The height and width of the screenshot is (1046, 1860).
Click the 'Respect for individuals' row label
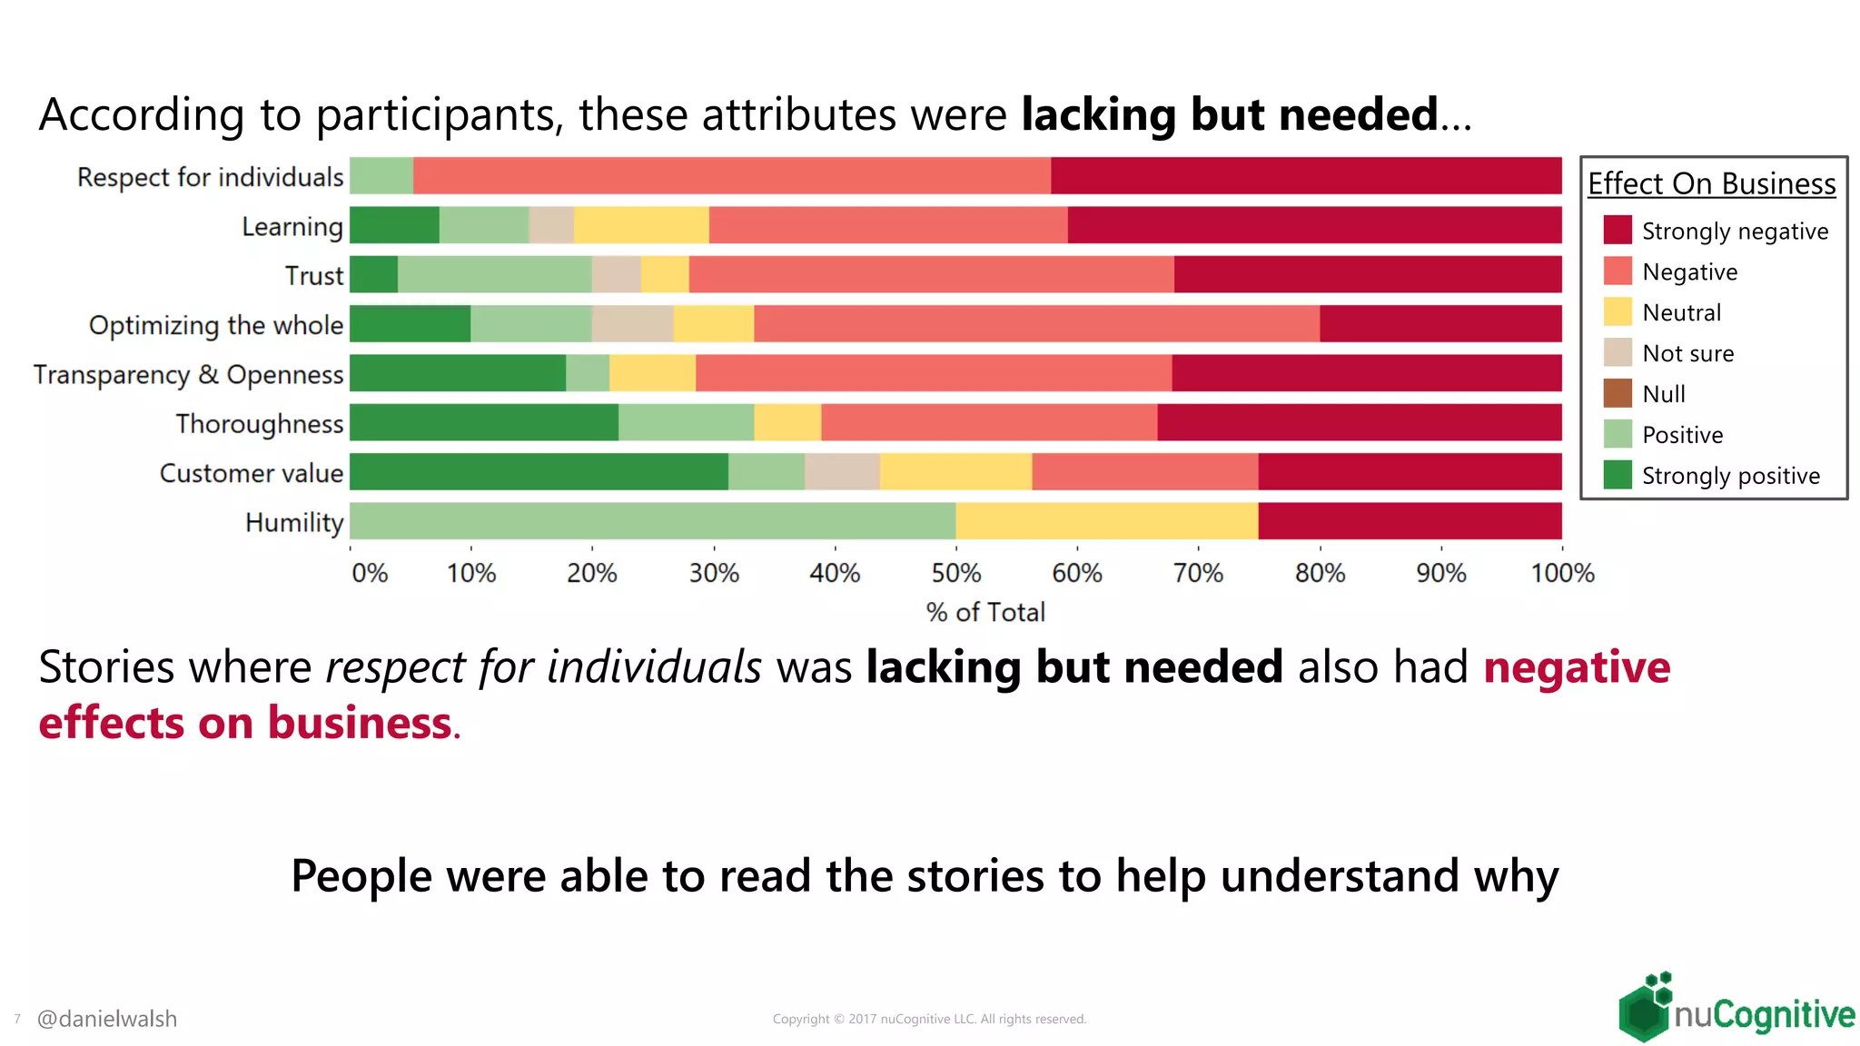210,177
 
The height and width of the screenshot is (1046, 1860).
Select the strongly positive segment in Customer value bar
539,472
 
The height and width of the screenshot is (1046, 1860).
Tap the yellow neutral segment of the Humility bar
1106,521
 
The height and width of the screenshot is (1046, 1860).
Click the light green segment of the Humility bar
652,521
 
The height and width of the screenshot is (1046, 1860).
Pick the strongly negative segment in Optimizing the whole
1440,324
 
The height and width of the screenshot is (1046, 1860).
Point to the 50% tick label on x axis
955,573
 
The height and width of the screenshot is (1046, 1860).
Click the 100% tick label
1562,573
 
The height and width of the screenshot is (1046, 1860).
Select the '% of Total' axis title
985,612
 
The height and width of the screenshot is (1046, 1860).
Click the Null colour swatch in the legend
1618,393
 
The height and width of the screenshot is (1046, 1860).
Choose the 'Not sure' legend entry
1687,353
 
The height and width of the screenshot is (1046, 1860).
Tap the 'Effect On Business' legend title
1711,183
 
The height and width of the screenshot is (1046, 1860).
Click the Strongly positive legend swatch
1618,475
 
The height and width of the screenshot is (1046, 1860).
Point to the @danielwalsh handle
107,1019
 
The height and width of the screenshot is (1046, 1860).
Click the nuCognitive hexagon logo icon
1645,1009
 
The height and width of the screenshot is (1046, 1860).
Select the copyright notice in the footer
929,1019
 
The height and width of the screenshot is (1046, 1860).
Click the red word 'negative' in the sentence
1577,667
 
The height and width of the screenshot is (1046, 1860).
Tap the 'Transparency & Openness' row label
188,374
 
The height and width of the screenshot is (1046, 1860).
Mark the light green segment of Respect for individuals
381,176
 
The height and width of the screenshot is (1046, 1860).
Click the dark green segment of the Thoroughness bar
483,423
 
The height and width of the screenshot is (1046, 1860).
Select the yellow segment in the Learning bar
641,225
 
